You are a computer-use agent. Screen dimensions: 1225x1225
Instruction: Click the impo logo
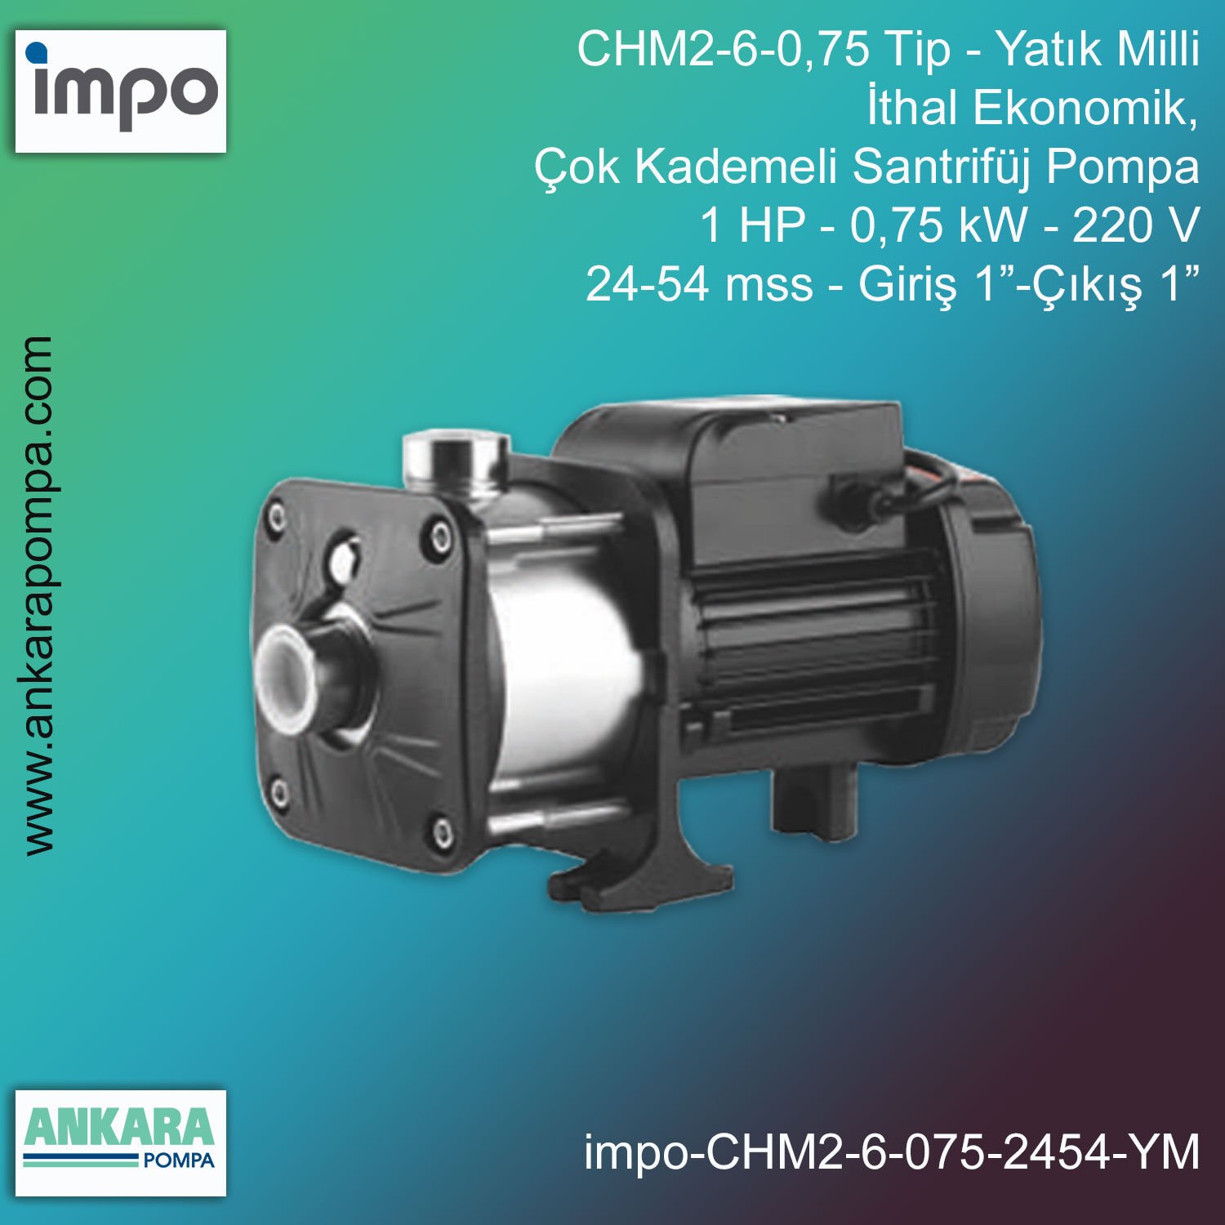[121, 91]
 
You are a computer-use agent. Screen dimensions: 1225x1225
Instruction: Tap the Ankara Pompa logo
[121, 1142]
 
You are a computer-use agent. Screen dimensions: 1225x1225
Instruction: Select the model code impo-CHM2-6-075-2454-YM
[892, 1152]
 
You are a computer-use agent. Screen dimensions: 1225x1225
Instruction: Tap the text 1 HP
[752, 225]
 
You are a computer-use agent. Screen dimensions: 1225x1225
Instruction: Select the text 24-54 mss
[699, 284]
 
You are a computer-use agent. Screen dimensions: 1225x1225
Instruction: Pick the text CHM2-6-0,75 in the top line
[724, 49]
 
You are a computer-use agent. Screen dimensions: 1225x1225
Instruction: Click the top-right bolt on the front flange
[441, 537]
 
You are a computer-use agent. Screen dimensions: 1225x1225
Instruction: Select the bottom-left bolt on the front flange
[279, 791]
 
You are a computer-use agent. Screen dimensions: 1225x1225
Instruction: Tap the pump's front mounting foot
[621, 878]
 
